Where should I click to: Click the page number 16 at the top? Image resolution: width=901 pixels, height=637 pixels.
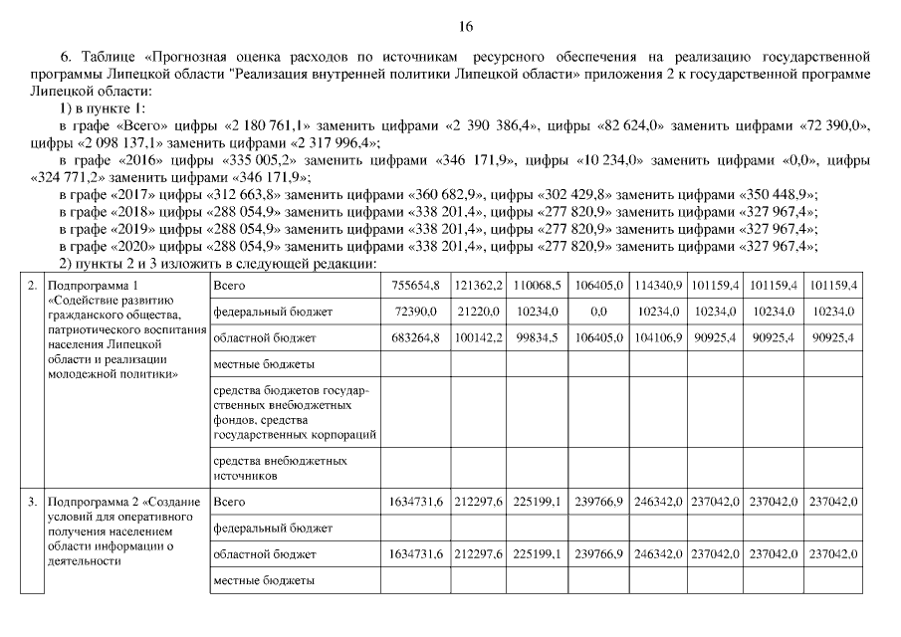pos(466,25)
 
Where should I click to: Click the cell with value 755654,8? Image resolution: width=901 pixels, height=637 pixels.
pos(418,286)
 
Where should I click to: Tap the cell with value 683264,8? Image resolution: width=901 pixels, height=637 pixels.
pos(418,338)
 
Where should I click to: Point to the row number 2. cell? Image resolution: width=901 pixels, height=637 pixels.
pos(33,286)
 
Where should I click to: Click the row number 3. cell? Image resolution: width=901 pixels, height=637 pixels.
pos(33,502)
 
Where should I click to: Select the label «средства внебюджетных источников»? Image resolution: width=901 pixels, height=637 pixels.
pos(281,468)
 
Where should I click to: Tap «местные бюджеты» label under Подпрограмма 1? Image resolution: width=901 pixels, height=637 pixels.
pos(264,364)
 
